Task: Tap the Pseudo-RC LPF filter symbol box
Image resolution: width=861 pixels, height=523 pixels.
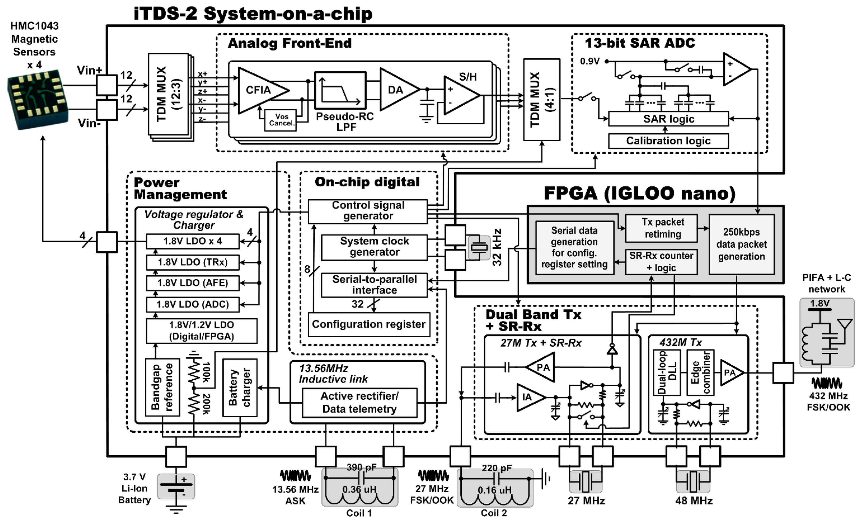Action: click(340, 90)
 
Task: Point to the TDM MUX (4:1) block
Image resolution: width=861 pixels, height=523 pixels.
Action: click(541, 99)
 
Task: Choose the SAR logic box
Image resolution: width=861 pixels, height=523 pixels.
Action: click(668, 119)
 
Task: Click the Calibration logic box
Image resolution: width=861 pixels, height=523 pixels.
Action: click(668, 141)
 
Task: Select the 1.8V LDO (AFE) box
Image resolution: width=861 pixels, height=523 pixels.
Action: click(193, 283)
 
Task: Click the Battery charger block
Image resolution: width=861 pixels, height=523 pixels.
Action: click(240, 387)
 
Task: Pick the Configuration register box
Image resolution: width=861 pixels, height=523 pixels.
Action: click(369, 324)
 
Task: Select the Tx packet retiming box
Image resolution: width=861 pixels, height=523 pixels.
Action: click(661, 228)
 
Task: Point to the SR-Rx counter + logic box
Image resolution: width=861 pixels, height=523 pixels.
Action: click(661, 262)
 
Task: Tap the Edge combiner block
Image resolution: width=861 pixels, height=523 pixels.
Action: click(700, 372)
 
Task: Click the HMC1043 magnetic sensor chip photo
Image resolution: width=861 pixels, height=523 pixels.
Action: click(38, 99)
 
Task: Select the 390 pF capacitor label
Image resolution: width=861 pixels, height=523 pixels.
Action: click(361, 467)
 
